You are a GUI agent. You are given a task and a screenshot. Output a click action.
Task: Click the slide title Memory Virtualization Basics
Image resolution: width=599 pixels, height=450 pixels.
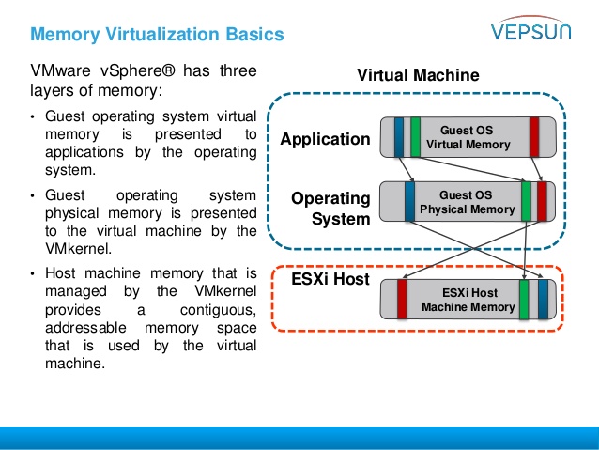[156, 35]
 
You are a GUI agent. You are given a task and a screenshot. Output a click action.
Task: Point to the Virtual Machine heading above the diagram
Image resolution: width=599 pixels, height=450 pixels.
[418, 75]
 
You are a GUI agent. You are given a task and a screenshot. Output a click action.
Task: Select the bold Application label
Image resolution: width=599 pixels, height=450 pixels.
[325, 139]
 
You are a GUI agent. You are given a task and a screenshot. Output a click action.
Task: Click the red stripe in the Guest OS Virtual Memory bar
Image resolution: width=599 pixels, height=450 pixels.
[534, 136]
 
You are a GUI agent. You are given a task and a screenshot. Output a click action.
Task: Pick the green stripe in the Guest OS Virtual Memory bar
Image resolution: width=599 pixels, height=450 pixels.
[415, 136]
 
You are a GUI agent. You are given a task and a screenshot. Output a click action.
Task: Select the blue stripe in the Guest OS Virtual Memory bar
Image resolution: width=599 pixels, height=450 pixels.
[399, 136]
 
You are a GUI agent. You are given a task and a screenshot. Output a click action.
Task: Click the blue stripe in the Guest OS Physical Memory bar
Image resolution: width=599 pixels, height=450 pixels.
[409, 201]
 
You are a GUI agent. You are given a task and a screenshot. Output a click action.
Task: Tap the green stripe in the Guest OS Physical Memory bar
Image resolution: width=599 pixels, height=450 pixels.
[526, 201]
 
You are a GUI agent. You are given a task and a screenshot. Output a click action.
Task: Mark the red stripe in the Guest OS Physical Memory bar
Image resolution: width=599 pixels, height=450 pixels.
[542, 201]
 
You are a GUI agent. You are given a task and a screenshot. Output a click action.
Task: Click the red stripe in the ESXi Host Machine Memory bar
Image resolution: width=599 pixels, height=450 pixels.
[402, 299]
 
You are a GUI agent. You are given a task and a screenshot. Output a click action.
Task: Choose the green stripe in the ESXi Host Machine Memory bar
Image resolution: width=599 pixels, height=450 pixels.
[524, 299]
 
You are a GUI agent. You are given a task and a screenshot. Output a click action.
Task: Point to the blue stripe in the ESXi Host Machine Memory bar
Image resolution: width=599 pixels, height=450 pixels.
[543, 299]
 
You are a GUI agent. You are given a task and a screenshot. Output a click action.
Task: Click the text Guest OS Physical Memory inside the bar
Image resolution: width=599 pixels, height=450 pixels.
[468, 202]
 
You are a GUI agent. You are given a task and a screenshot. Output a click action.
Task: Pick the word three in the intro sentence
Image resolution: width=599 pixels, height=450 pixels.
[236, 70]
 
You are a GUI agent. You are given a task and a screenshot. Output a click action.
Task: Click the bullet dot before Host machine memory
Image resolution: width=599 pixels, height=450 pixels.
[32, 273]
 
